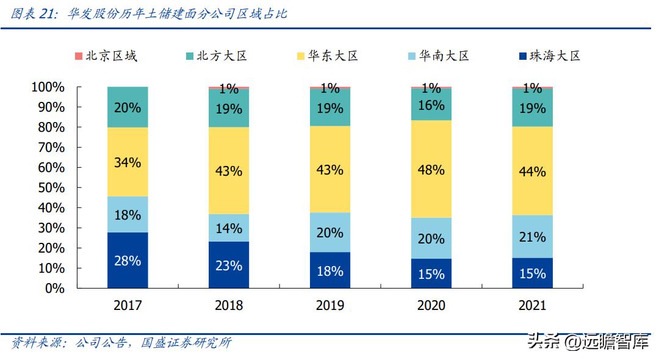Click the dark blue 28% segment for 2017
(128, 260)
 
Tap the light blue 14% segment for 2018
(229, 228)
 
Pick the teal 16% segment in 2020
(431, 104)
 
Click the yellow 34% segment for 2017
(128, 162)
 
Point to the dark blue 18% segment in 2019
(329, 270)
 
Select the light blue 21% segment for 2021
(532, 236)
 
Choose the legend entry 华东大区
(333, 56)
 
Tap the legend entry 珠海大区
(555, 56)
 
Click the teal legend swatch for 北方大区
(190, 56)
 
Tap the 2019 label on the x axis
(329, 305)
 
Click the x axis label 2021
(532, 305)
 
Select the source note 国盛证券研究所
(186, 343)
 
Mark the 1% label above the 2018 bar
(229, 89)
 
